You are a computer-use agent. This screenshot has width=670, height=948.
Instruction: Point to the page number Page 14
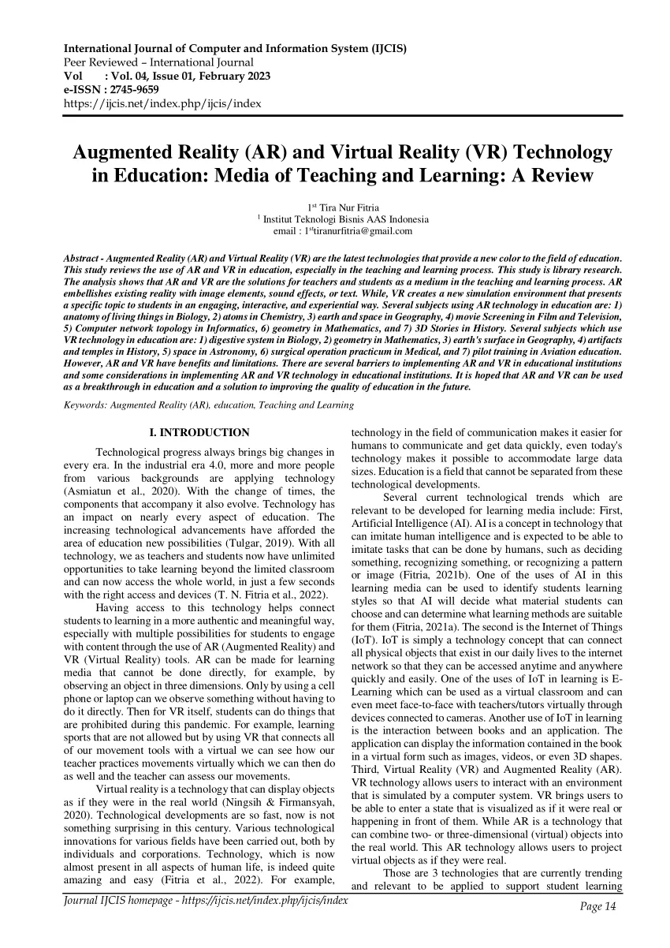click(597, 907)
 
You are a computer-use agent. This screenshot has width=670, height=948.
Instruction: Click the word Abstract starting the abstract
click(83, 259)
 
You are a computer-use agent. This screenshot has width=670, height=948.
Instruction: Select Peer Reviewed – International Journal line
click(158, 62)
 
